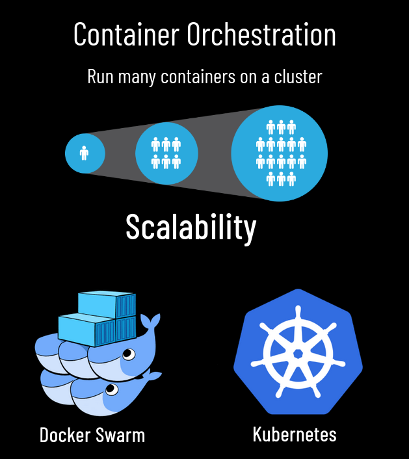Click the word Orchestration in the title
tap(261, 34)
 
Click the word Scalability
tap(191, 227)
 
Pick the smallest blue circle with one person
tap(85, 153)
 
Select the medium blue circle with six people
tap(166, 153)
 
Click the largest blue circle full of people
tap(280, 153)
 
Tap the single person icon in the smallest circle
tap(84, 153)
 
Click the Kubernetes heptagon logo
tap(298, 352)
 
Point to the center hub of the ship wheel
tap(298, 353)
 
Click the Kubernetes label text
tap(295, 434)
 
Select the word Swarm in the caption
tap(122, 435)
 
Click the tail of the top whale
tap(150, 322)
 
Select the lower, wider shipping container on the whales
tap(96, 330)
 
